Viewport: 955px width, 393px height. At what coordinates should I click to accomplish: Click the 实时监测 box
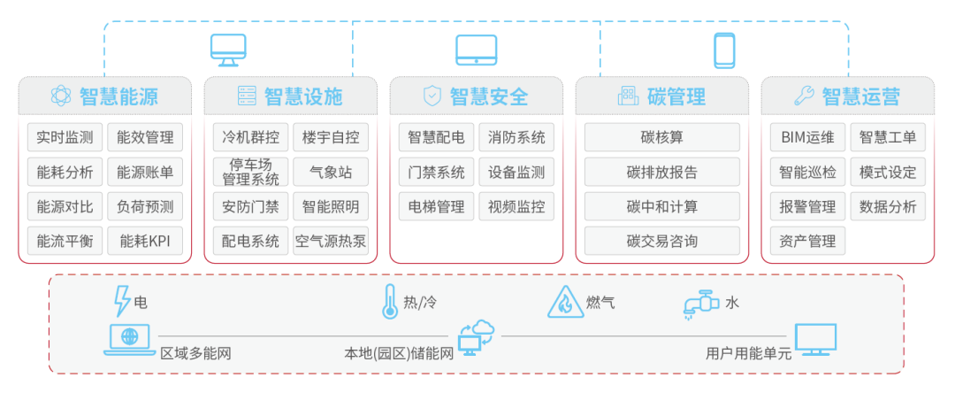click(65, 138)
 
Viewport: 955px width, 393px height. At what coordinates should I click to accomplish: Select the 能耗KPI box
click(145, 241)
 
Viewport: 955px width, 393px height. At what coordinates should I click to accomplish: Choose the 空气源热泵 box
click(331, 241)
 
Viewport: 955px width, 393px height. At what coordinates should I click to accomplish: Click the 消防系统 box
click(516, 138)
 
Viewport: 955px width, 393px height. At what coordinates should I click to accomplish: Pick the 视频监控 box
click(516, 207)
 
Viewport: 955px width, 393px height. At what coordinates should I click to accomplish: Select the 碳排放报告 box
click(662, 173)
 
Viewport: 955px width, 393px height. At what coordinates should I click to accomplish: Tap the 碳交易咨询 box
click(662, 241)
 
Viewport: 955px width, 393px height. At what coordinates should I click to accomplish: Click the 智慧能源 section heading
click(118, 96)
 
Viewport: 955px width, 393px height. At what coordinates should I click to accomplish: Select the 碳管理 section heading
click(676, 96)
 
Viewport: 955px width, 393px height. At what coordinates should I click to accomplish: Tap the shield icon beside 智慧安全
click(432, 96)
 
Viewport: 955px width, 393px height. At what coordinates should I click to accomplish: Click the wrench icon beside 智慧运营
click(804, 96)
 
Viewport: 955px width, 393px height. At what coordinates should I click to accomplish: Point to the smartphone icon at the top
click(724, 50)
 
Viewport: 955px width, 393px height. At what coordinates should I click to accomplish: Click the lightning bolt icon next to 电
click(122, 301)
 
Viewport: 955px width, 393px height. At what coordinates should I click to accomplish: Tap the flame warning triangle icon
click(564, 302)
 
